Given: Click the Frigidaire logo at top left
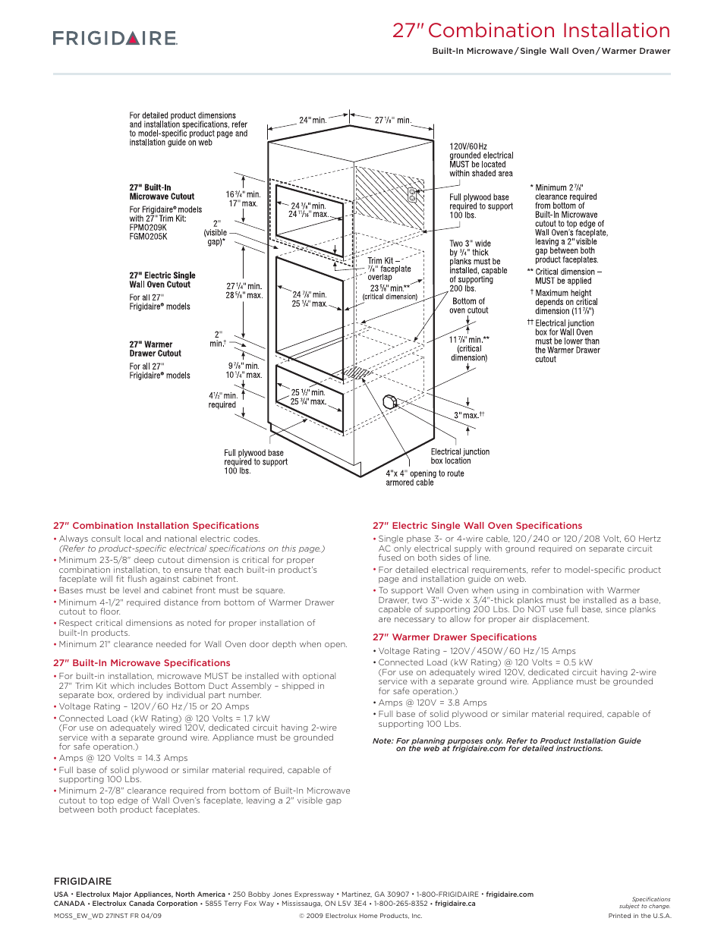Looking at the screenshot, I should click(115, 38).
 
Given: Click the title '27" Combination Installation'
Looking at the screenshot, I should click(530, 30).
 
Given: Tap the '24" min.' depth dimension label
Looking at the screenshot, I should click(312, 120).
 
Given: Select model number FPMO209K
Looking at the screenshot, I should click(148, 228).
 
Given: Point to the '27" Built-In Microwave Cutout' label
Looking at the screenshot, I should click(162, 192).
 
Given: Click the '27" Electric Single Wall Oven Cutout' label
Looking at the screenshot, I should click(162, 280).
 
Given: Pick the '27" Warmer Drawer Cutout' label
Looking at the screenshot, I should click(155, 349).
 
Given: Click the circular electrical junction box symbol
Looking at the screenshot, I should click(389, 401).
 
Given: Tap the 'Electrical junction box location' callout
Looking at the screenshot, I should click(460, 456).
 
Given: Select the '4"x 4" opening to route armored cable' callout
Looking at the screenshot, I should click(424, 478).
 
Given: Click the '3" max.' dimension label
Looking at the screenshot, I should click(468, 415).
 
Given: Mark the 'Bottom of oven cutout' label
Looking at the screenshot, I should click(468, 306).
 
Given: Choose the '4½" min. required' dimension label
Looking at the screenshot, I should click(223, 400).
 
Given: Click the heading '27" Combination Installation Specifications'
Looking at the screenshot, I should click(156, 526).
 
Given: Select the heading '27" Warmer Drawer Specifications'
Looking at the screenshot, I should click(454, 637).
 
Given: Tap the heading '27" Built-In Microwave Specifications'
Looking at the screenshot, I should click(141, 663).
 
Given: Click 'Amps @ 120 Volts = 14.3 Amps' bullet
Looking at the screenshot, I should click(123, 758).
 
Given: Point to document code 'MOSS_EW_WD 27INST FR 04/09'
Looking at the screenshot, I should click(108, 916).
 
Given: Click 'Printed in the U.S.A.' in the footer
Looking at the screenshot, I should click(639, 916).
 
